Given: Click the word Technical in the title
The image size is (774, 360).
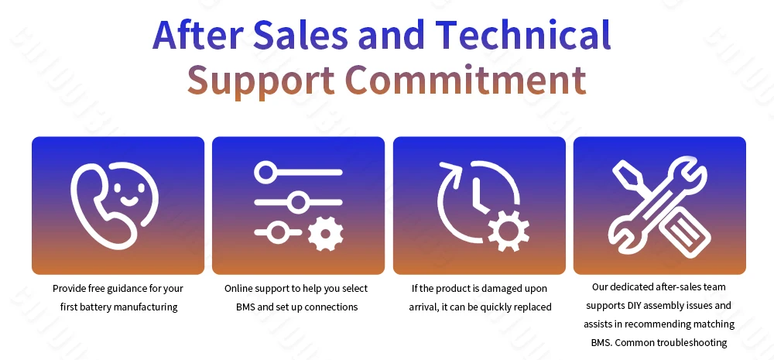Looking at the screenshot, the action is tap(522, 34).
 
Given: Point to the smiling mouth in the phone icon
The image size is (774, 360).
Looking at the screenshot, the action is tap(129, 201).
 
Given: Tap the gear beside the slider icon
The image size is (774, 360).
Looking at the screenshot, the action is tap(325, 234).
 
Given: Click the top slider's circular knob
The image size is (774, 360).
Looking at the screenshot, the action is tap(265, 173).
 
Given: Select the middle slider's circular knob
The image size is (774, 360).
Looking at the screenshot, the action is tap(298, 203).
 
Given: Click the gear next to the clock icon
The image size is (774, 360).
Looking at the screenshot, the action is tap(509, 231).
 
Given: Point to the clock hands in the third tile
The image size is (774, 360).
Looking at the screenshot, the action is tap(478, 196).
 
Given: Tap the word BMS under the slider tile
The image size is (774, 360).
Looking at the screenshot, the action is tap(246, 307).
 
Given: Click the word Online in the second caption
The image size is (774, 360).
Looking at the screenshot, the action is tap(238, 289).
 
